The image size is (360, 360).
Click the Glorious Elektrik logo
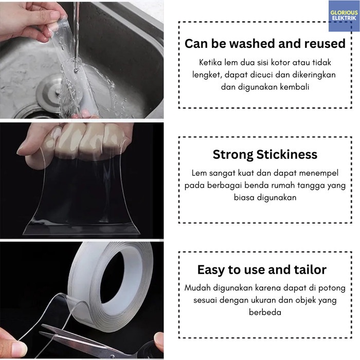pyautogui.click(x=344, y=15)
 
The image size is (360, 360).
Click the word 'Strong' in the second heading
pyautogui.click(x=233, y=155)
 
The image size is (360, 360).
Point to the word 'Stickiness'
pyautogui.click(x=287, y=154)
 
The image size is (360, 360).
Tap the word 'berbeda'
pyautogui.click(x=265, y=313)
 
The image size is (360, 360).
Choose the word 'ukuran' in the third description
pyautogui.click(x=263, y=300)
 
